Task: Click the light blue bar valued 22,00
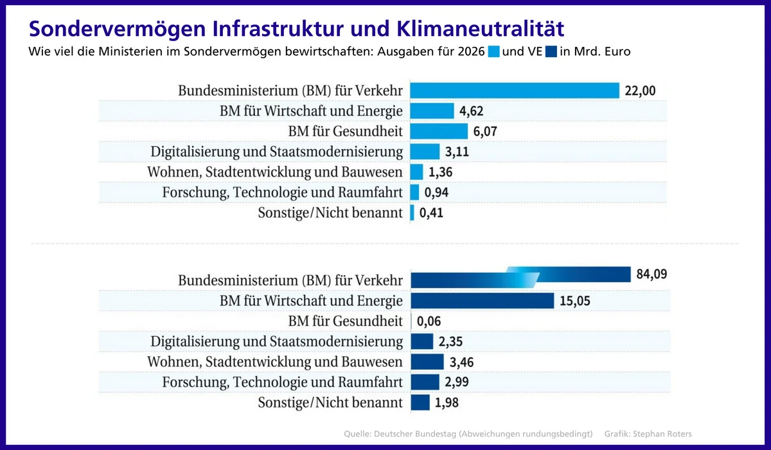514,91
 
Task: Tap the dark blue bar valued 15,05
482,300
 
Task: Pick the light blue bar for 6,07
439,131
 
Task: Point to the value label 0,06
429,321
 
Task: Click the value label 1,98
447,403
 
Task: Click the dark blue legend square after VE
551,51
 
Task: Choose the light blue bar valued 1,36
416,172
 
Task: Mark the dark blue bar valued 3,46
427,362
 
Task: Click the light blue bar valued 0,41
412,213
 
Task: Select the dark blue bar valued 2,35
421,341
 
